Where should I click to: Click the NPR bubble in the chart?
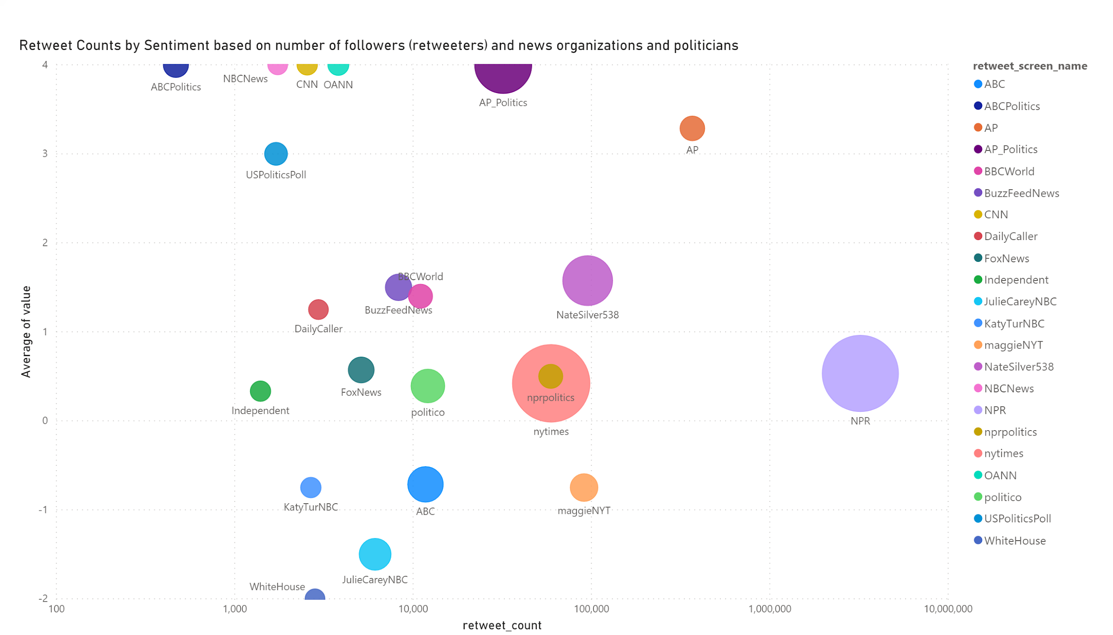[x=860, y=373]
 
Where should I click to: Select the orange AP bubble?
[x=692, y=128]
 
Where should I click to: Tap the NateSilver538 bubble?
[x=587, y=281]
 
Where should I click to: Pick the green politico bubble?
[x=427, y=386]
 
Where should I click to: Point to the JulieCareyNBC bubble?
[x=375, y=554]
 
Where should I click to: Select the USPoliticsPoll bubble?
[x=276, y=154]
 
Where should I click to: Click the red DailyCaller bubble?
[x=318, y=309]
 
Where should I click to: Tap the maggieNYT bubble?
[x=584, y=487]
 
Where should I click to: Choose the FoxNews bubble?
[x=361, y=370]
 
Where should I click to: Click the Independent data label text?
[x=260, y=411]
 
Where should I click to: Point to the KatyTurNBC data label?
[x=311, y=507]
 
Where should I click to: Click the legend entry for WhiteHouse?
[x=1015, y=541]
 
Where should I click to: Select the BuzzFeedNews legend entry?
[x=1021, y=193]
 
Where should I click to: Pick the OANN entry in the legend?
[x=1000, y=475]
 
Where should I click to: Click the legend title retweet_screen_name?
[x=1030, y=66]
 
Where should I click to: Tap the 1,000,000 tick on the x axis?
[x=770, y=609]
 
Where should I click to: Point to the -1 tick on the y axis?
[x=43, y=510]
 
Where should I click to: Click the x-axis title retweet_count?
[x=502, y=625]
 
